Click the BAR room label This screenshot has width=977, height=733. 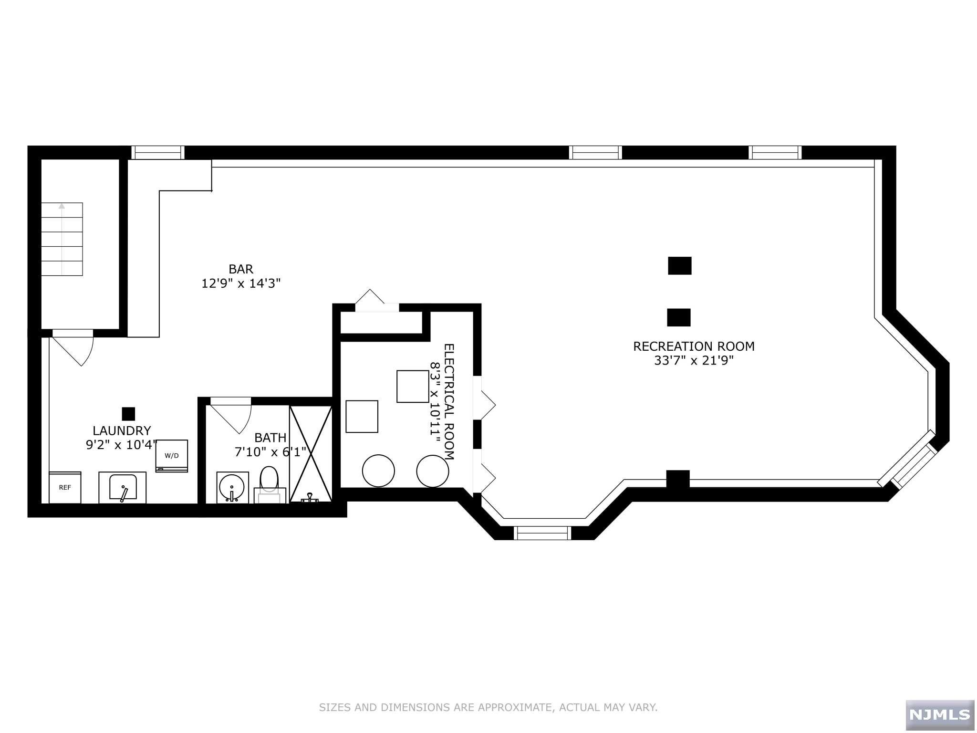[x=241, y=269]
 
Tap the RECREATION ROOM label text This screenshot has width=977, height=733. [x=694, y=346]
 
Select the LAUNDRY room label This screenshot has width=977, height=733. [x=122, y=431]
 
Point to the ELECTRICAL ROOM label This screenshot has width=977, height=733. [x=449, y=401]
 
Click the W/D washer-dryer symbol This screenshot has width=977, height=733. [x=172, y=456]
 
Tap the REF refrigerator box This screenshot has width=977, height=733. [x=65, y=487]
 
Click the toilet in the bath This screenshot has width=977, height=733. [x=270, y=484]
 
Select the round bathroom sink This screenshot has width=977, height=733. [x=232, y=488]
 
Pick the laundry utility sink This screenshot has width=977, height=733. [x=123, y=488]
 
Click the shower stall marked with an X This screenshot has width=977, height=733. [x=311, y=453]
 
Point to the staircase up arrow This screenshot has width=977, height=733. [x=62, y=239]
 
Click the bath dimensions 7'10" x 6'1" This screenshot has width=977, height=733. [x=270, y=452]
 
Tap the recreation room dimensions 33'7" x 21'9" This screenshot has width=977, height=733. [x=694, y=361]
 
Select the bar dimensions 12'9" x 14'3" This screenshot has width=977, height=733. [x=241, y=283]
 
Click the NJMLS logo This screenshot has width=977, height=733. [x=940, y=714]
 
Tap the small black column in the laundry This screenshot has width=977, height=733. [x=129, y=414]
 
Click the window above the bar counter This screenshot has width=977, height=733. [x=158, y=152]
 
